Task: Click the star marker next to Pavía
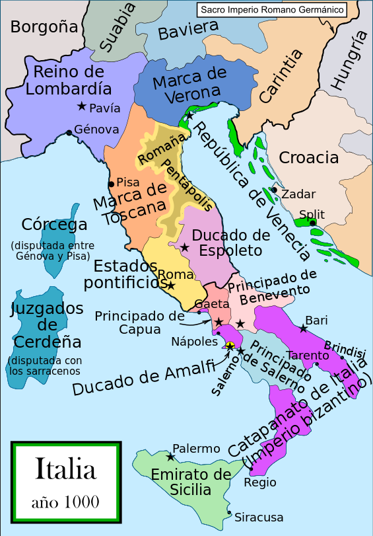point(81,106)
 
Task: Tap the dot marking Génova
point(69,133)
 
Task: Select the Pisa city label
point(127,182)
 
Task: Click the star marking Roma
point(170,286)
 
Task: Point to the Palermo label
point(196,449)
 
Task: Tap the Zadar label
point(298,194)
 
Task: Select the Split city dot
point(313,223)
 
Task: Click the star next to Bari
point(303,328)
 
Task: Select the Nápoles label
point(194,342)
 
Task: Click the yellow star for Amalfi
point(230,346)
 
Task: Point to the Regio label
point(255,482)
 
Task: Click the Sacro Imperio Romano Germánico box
point(271,10)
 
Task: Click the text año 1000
point(65,502)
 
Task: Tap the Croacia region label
point(309,157)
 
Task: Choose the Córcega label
point(54,224)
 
